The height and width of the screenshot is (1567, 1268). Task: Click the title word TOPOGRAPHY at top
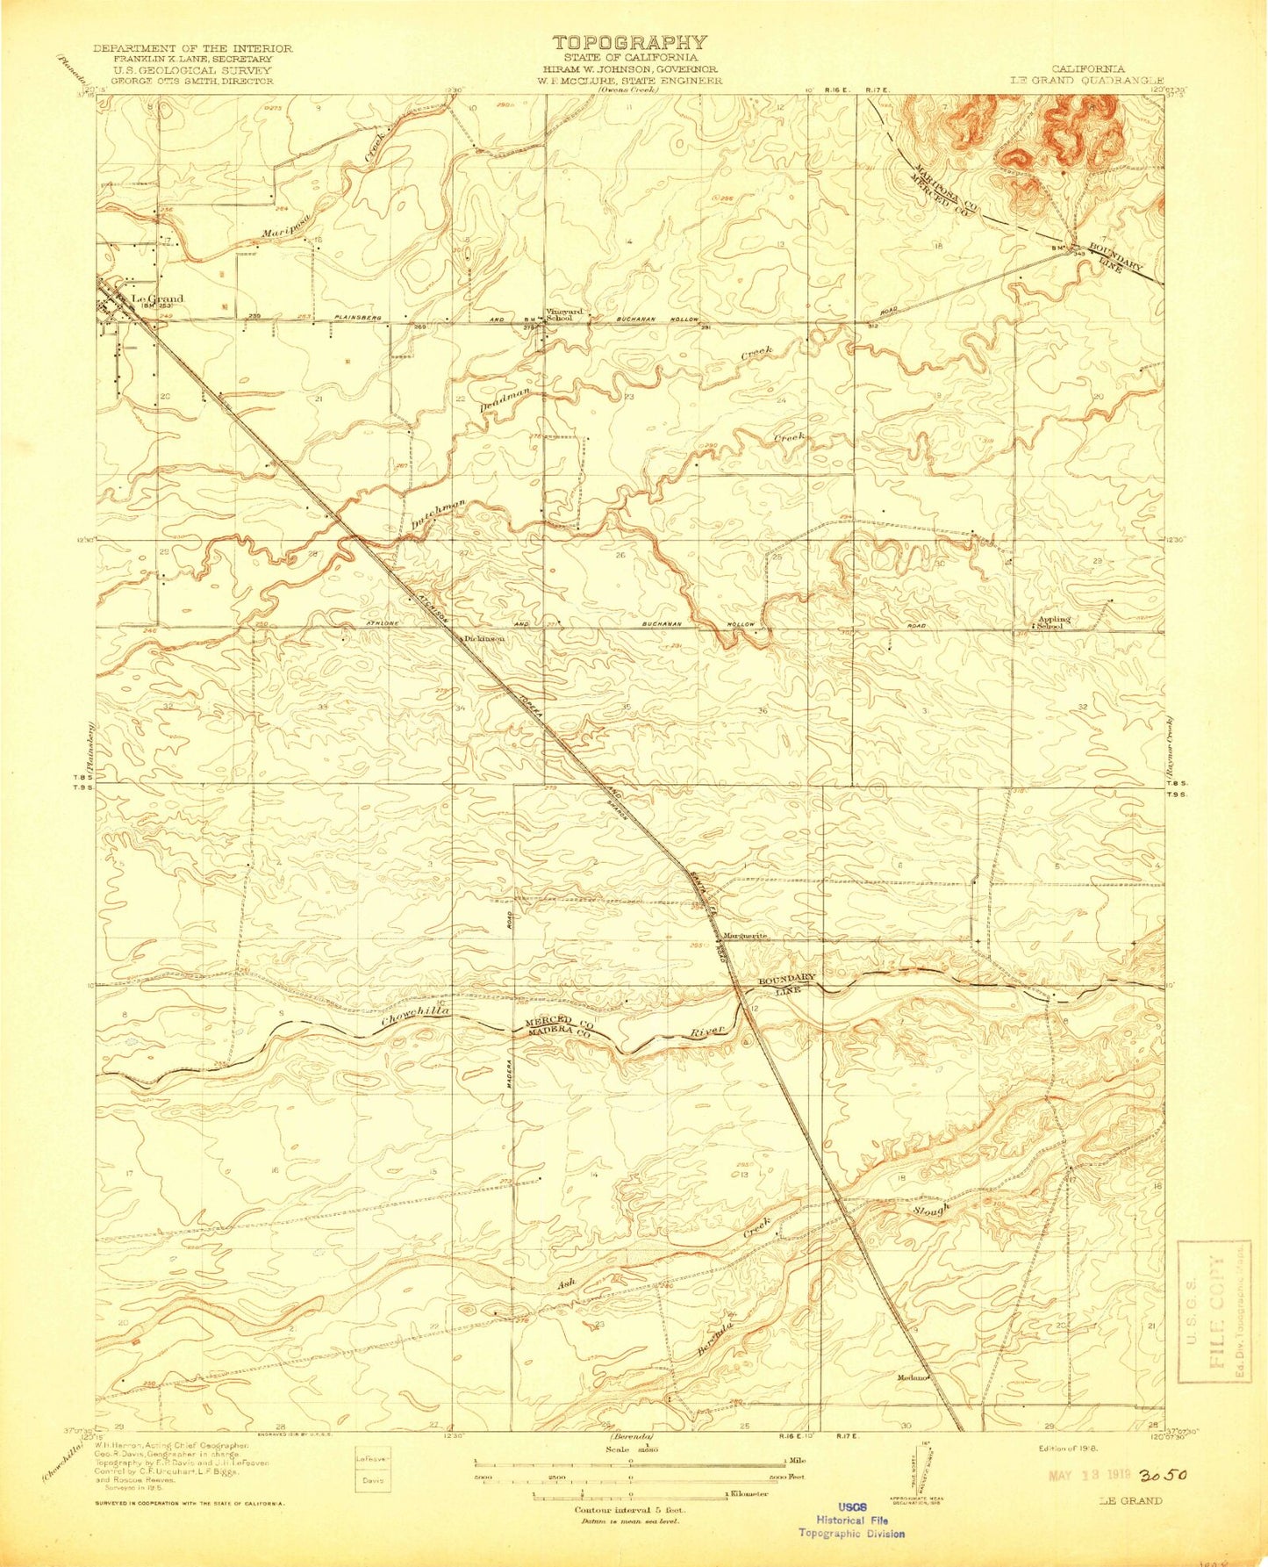(629, 42)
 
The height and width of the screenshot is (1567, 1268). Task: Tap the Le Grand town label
(157, 298)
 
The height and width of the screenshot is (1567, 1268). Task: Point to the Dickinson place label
(484, 639)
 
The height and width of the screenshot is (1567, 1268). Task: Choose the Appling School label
(1053, 622)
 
